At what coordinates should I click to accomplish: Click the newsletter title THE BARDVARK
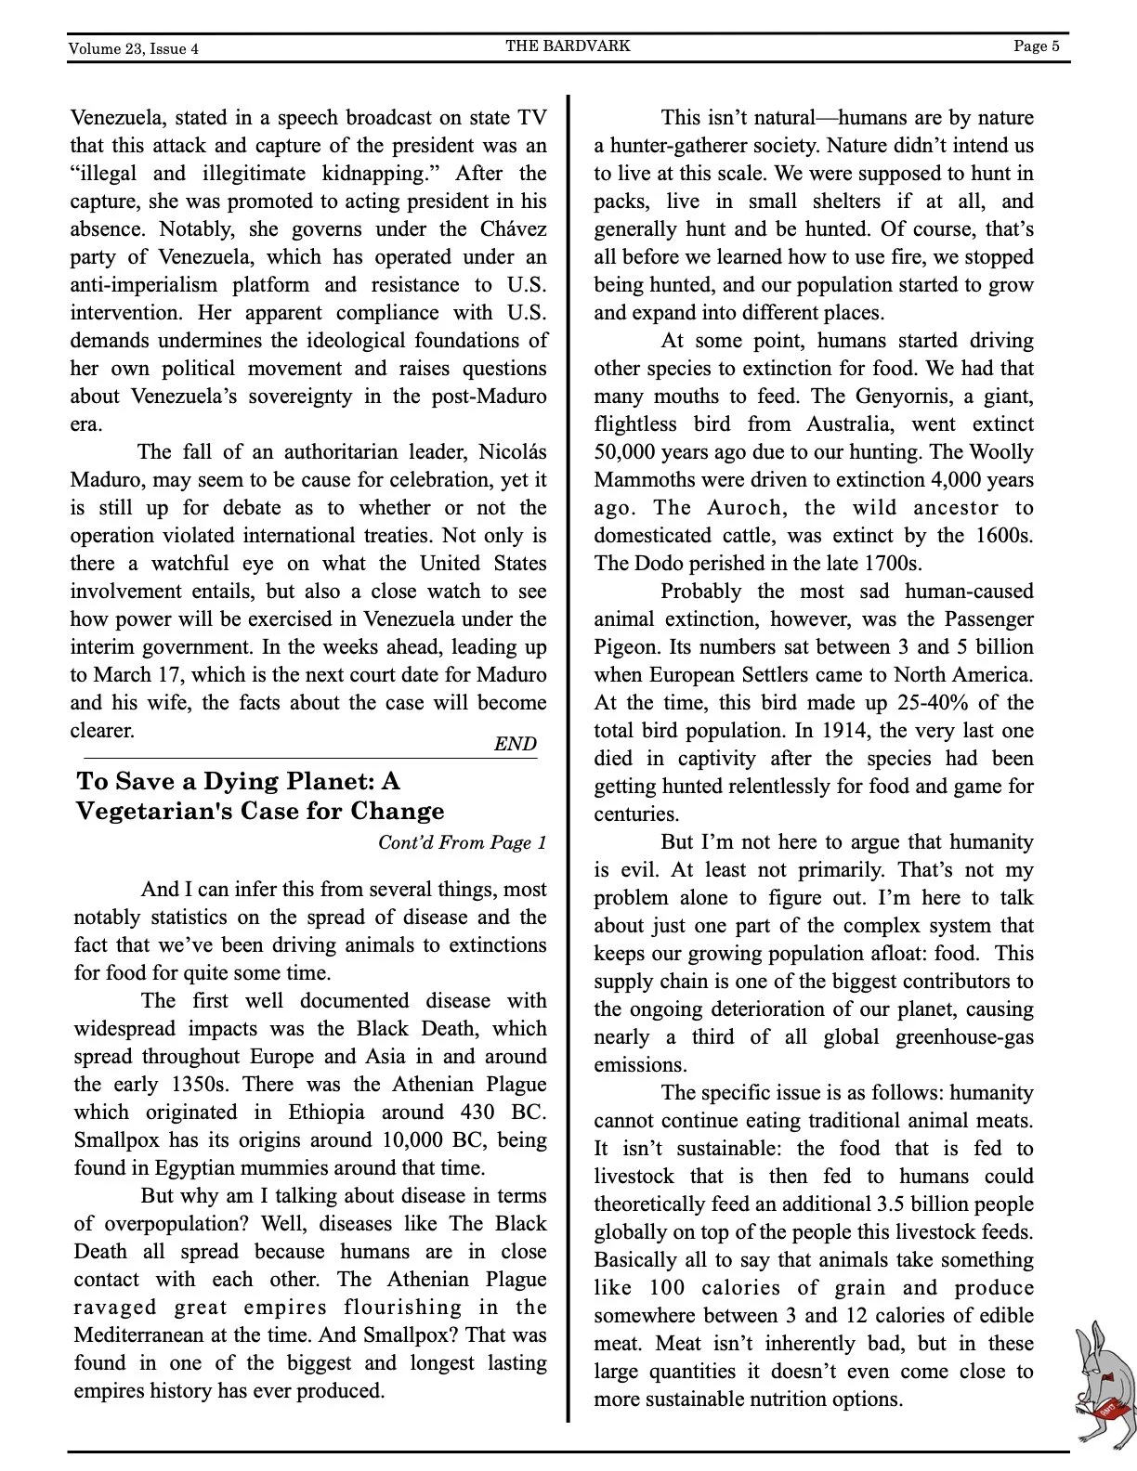[x=568, y=46]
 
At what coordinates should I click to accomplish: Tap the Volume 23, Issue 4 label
[x=133, y=48]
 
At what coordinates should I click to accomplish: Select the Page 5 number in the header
[x=1036, y=46]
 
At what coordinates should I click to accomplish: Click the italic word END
[x=515, y=744]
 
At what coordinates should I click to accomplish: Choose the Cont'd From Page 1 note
[x=462, y=842]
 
